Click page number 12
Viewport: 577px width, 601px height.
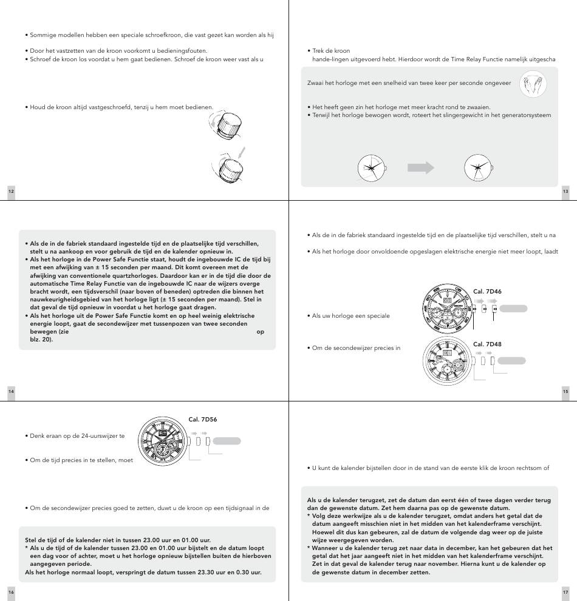[11, 192]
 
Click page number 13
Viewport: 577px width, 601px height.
[565, 192]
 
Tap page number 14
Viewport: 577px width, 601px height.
[11, 392]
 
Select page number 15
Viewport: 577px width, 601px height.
[565, 392]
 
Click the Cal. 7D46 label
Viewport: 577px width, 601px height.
[487, 292]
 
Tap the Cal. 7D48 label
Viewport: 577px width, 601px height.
[487, 344]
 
